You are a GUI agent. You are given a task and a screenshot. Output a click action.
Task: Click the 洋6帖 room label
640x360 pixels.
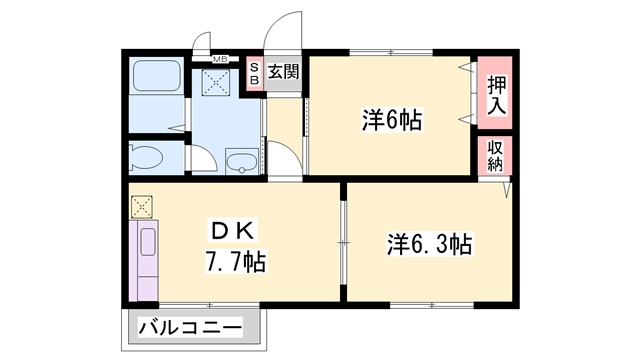(x=391, y=121)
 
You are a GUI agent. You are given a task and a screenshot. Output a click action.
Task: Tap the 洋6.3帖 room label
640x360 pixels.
(x=429, y=242)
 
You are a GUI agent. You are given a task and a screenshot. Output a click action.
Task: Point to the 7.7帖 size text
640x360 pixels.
(x=235, y=262)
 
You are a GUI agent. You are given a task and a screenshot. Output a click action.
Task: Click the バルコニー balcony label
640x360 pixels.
(x=190, y=327)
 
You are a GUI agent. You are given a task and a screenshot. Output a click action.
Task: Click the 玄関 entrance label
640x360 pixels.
(x=283, y=72)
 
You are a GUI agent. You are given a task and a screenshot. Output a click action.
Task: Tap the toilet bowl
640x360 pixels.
(x=147, y=157)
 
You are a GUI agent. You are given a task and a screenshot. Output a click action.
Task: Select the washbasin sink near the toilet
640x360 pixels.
(x=241, y=161)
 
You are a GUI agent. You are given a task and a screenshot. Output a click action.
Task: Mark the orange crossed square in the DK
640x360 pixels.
(x=140, y=207)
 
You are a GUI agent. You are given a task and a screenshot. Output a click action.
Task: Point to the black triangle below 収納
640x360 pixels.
(x=508, y=187)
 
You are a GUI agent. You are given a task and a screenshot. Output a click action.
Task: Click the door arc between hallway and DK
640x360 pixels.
(x=284, y=160)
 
